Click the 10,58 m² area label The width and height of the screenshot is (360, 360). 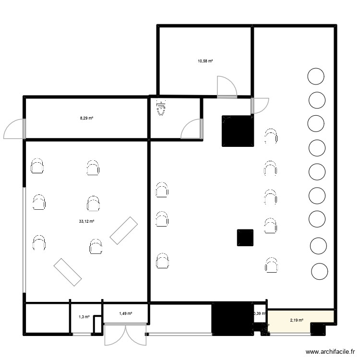click(205, 61)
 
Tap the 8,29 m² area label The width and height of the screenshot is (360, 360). click(86, 118)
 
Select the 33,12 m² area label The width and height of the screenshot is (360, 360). click(86, 221)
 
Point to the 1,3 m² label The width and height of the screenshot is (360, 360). click(84, 317)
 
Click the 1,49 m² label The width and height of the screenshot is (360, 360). click(125, 313)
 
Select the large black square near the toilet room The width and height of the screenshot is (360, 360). click(237, 131)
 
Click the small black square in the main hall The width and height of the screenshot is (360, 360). click(245, 238)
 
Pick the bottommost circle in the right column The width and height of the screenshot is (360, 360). click(320, 271)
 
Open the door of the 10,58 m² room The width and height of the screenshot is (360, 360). click(226, 87)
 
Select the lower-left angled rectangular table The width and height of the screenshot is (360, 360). click(67, 272)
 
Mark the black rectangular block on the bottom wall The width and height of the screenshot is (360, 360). click(232, 317)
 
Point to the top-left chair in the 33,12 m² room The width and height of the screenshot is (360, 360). click(37, 167)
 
